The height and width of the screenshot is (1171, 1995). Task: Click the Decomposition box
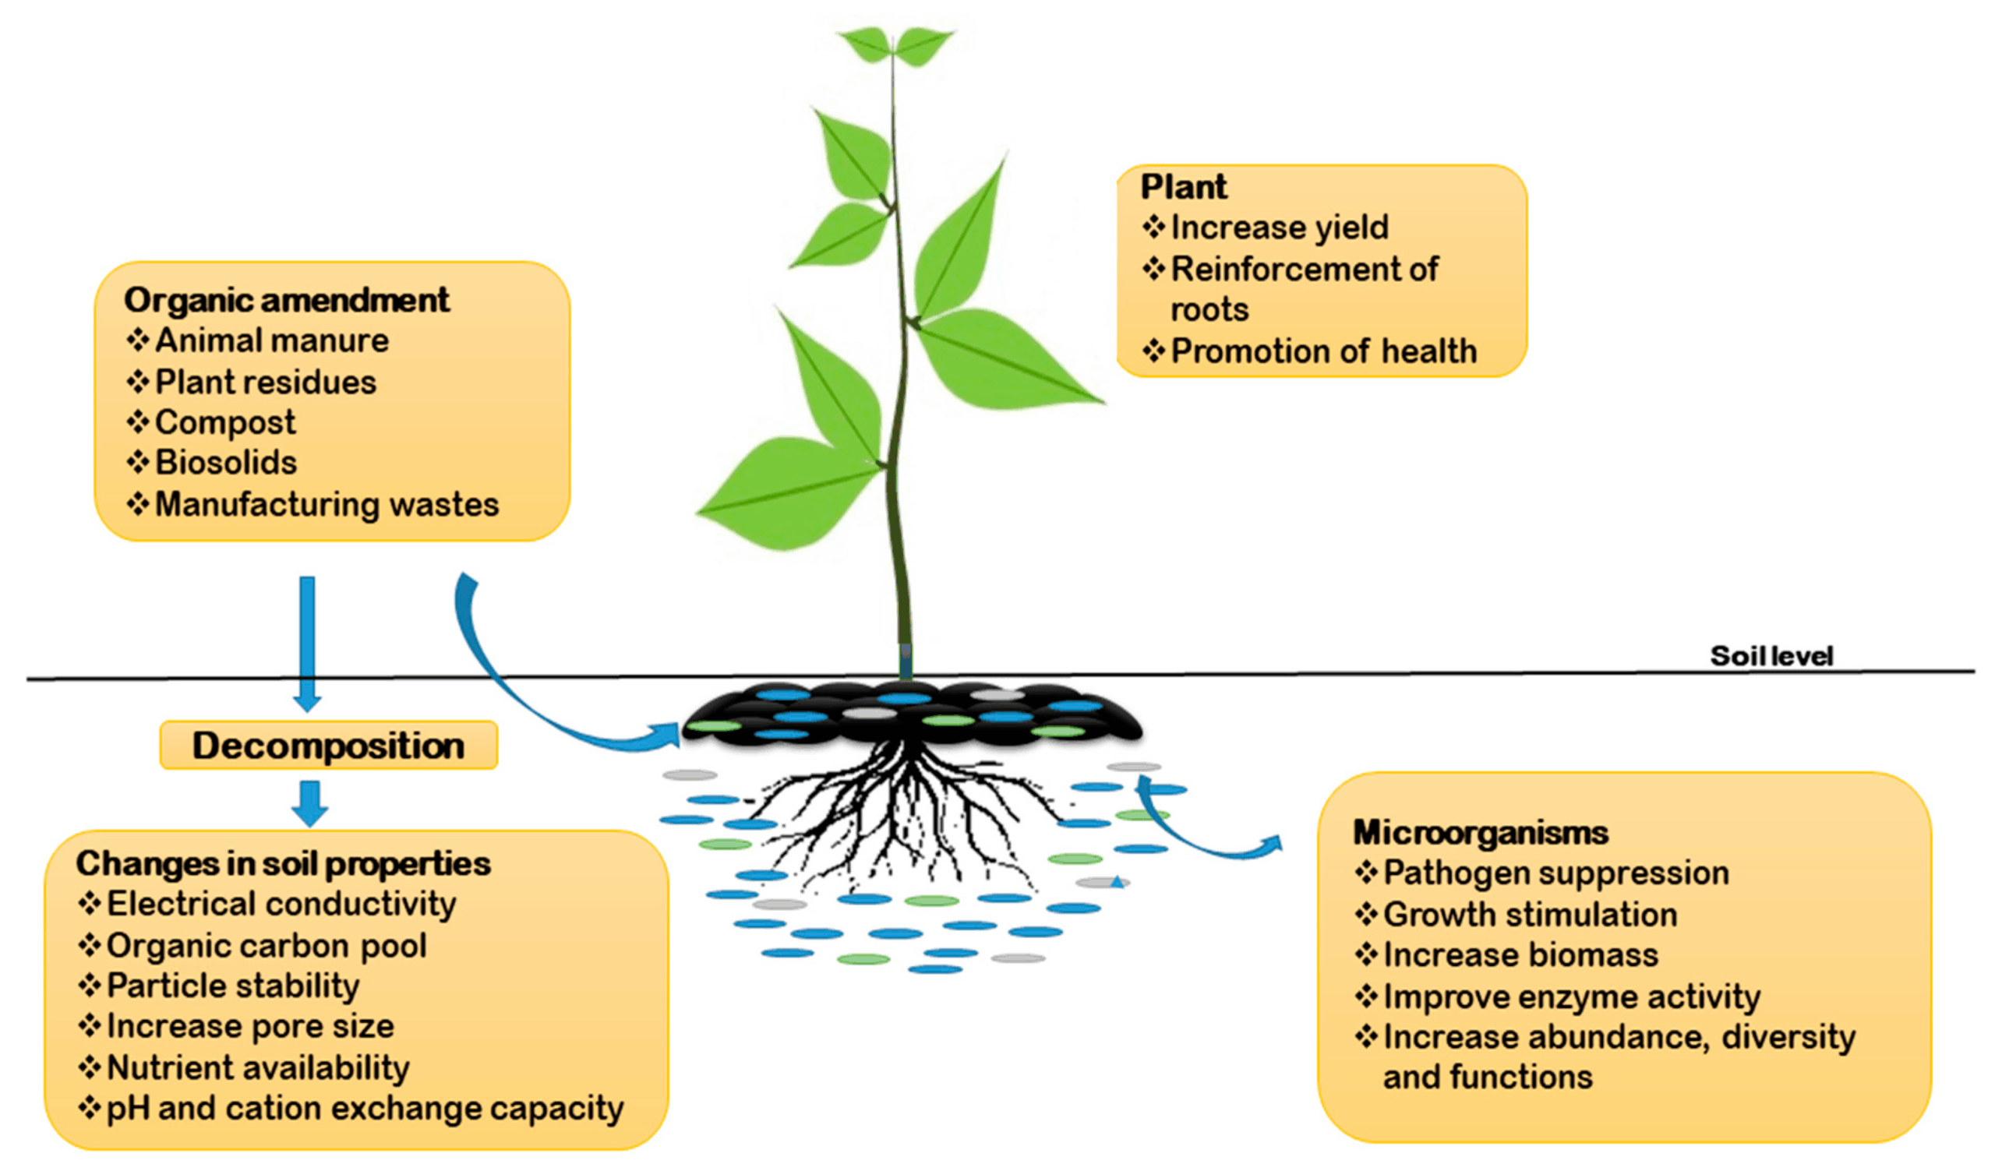coord(329,746)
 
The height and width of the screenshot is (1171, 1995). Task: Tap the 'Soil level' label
coord(1771,655)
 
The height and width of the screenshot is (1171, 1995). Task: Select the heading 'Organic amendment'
coord(287,300)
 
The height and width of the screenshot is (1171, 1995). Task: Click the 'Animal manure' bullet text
coord(271,341)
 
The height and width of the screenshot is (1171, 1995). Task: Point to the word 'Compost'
coord(226,422)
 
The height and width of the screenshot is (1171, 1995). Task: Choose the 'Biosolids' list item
coord(226,463)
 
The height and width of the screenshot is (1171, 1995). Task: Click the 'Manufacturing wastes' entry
coord(327,505)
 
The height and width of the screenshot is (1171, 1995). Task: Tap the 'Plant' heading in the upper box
coord(1184,188)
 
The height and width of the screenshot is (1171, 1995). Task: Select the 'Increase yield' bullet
coord(1280,227)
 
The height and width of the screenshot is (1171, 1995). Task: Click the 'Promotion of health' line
coord(1324,351)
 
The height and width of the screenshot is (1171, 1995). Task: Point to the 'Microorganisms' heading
coord(1481,832)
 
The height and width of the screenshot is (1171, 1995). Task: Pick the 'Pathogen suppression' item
coord(1555,873)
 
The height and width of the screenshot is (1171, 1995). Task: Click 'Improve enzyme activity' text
coord(1572,996)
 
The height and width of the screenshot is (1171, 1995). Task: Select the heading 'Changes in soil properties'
coord(284,863)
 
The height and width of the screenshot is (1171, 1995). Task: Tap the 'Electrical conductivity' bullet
coord(281,905)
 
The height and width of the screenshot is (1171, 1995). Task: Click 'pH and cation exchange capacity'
coord(365,1109)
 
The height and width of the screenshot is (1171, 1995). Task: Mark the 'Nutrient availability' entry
coord(258,1068)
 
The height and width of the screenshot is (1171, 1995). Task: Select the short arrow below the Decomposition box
coord(309,803)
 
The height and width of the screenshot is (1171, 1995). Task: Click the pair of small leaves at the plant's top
coord(895,46)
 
